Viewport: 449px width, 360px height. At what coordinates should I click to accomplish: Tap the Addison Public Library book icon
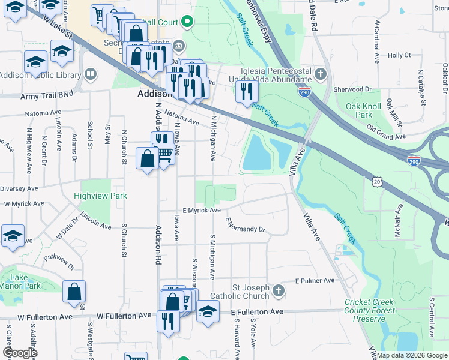(x=91, y=74)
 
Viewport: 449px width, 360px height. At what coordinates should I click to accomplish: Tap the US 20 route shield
(x=376, y=181)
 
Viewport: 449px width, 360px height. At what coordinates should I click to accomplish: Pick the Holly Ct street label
(x=399, y=55)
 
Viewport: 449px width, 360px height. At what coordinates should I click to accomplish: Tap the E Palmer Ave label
(x=315, y=280)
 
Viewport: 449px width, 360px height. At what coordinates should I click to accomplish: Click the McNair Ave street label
(x=397, y=223)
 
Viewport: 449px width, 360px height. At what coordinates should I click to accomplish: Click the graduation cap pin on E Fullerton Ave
(x=208, y=313)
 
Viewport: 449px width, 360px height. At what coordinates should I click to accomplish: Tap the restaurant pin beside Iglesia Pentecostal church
(x=246, y=92)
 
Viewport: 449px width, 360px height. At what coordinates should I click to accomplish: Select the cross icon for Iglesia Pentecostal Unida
(x=321, y=74)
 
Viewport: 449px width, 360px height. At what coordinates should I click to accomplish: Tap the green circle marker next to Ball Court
(x=187, y=23)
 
